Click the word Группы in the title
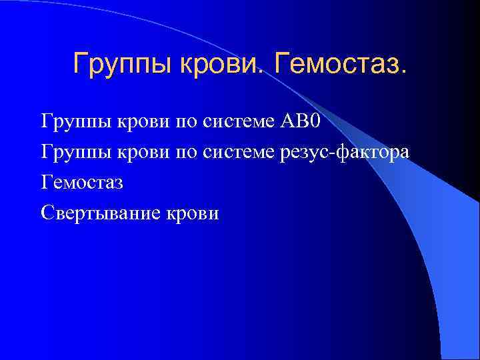(x=113, y=65)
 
